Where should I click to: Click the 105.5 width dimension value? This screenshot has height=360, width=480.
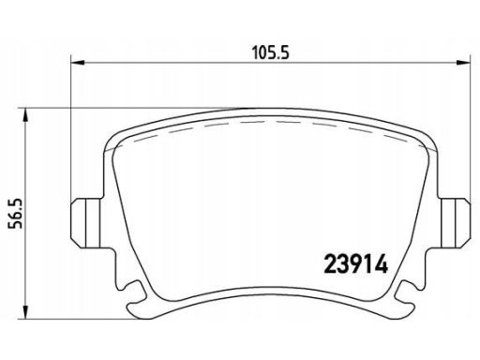point(271,52)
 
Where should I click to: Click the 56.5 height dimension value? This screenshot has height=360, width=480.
point(15,214)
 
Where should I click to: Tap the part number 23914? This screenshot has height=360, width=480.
point(356,266)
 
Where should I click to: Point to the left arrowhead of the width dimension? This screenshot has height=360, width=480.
point(78,63)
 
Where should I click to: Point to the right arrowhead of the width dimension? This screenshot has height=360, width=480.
point(463,63)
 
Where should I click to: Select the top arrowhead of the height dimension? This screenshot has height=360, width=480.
point(26,115)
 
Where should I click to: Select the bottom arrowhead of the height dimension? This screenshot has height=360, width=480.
point(26,312)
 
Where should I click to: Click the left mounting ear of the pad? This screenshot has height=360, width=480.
point(86,223)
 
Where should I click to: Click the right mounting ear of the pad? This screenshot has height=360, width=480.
point(455,223)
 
